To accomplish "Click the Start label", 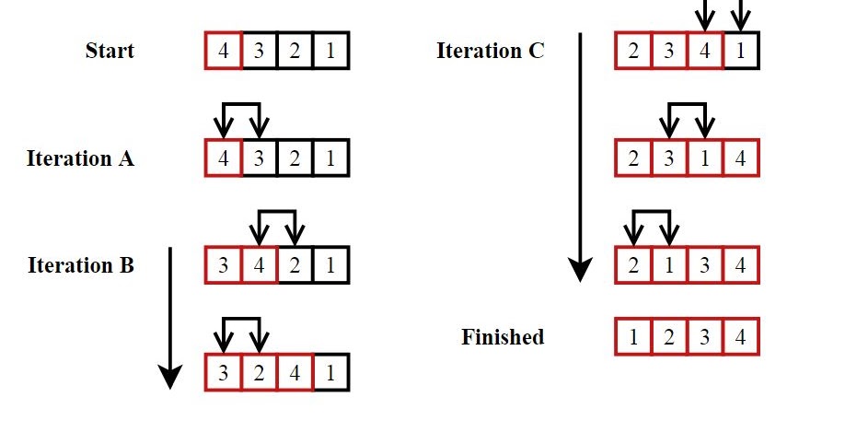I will pyautogui.click(x=110, y=50).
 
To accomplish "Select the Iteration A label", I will pyautogui.click(x=80, y=158).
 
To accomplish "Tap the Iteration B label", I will pyautogui.click(x=81, y=265).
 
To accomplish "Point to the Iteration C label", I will pyautogui.click(x=490, y=50).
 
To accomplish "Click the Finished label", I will pyautogui.click(x=503, y=337).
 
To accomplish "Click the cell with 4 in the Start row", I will pyautogui.click(x=224, y=51).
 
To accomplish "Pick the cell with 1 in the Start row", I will pyautogui.click(x=330, y=51).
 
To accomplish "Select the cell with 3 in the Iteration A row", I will pyautogui.click(x=260, y=158).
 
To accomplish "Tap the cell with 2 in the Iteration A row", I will pyautogui.click(x=295, y=158).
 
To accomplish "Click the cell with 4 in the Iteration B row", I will pyautogui.click(x=260, y=265).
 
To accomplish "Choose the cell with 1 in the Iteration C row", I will pyautogui.click(x=741, y=51).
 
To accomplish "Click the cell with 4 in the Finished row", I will pyautogui.click(x=741, y=337).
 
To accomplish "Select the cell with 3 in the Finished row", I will pyautogui.click(x=705, y=337).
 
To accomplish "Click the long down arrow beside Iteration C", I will pyautogui.click(x=580, y=157).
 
